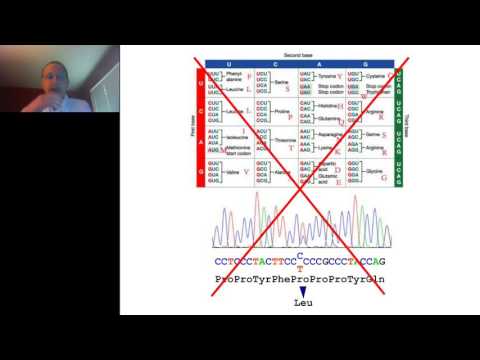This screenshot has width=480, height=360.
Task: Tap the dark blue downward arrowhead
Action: coord(301,289)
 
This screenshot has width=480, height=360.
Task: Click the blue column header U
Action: coord(227,64)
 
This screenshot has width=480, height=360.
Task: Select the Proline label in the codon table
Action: coord(281,107)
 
